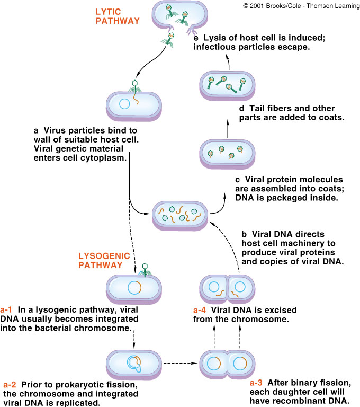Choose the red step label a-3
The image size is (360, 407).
[258, 382]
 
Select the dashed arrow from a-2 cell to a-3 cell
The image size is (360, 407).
[177, 364]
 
